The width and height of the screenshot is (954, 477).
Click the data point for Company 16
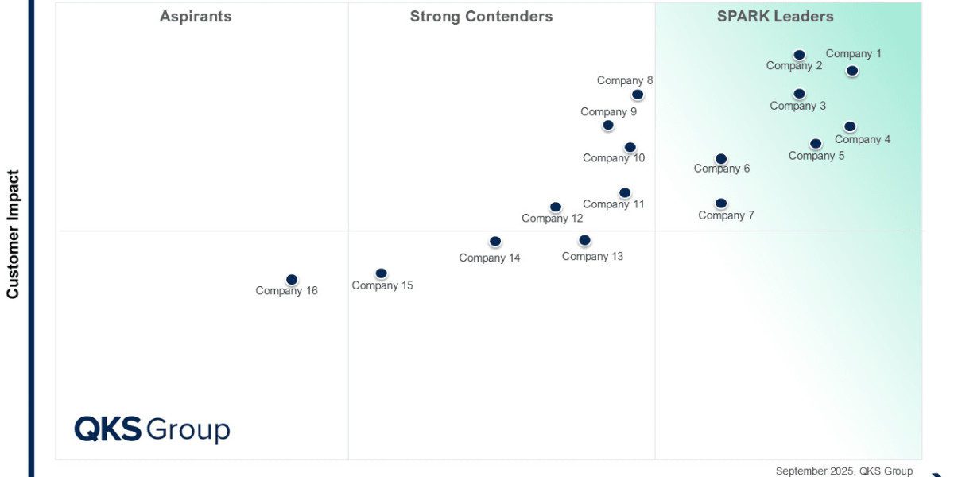click(292, 280)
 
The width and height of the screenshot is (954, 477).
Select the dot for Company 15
click(381, 273)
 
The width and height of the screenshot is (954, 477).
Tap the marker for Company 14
click(494, 242)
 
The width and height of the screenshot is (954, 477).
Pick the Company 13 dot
click(585, 241)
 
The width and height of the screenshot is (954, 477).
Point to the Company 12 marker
click(556, 207)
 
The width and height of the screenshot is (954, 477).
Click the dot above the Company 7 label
click(721, 204)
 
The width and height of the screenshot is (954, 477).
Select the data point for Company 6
click(721, 159)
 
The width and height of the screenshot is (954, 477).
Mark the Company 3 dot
click(800, 94)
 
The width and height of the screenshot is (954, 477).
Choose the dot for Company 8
click(638, 95)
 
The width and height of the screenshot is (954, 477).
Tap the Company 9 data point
click(608, 126)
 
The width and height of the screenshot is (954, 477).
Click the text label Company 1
click(854, 54)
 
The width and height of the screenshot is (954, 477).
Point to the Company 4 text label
click(863, 140)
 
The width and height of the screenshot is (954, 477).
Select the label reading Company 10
click(614, 158)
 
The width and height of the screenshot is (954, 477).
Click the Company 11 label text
click(613, 204)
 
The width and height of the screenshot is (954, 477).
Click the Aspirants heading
click(196, 17)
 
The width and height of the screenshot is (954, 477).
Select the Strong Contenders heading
click(481, 17)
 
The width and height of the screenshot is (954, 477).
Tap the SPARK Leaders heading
click(775, 17)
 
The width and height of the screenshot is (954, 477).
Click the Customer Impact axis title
click(13, 235)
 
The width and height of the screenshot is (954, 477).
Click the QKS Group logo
click(152, 430)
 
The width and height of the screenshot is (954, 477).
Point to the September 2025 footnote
click(844, 471)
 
